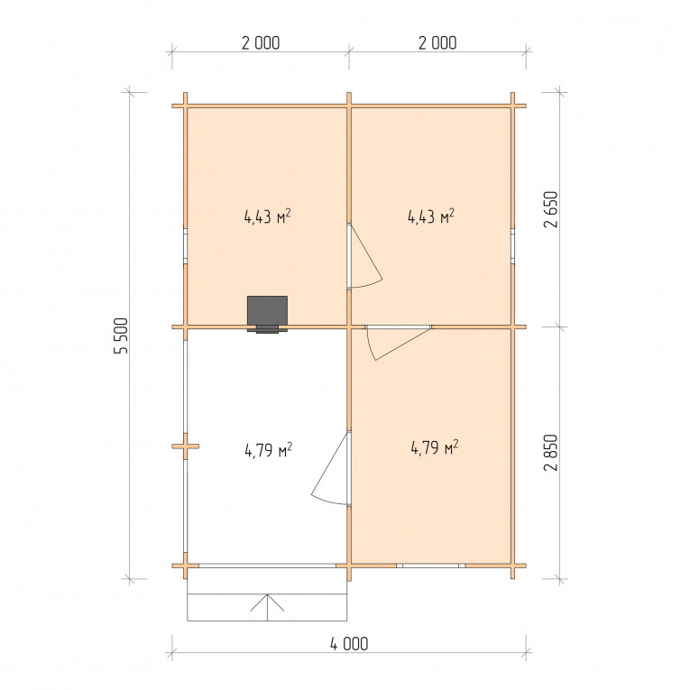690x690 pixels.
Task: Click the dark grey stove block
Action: pos(267,314)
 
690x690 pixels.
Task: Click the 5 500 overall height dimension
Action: pos(121,336)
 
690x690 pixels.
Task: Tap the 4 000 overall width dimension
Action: pos(349,644)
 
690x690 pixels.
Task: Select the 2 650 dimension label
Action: pos(550,209)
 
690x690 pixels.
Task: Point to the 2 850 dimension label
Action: pos(550,453)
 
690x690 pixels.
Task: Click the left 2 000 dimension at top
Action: pos(261,42)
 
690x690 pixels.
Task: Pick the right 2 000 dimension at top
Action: pos(437,42)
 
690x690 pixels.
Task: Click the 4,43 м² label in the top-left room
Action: pos(268,216)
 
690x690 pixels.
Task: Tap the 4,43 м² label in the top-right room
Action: pos(431,216)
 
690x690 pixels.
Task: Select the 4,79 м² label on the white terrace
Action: pos(269,450)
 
